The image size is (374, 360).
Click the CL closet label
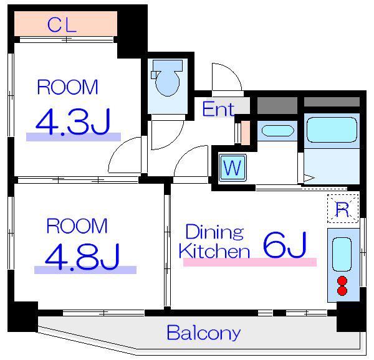coord(62,25)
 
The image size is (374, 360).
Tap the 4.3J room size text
coord(73,122)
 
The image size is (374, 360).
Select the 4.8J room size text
coord(82,257)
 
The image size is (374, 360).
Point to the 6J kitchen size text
coord(284,245)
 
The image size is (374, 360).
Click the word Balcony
coord(203,333)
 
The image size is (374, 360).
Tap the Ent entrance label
coord(218,110)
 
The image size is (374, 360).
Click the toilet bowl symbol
coord(167,78)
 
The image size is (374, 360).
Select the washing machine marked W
coord(233,168)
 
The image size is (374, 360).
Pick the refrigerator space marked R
coord(343,209)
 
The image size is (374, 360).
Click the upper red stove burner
coord(342,280)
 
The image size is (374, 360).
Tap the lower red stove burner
coord(342,291)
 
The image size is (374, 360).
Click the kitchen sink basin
coord(342,254)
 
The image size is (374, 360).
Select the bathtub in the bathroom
coord(332,130)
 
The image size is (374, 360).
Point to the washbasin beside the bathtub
coord(277,131)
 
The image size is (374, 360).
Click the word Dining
coord(214,232)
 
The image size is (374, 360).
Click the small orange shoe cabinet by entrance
coord(246,133)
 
